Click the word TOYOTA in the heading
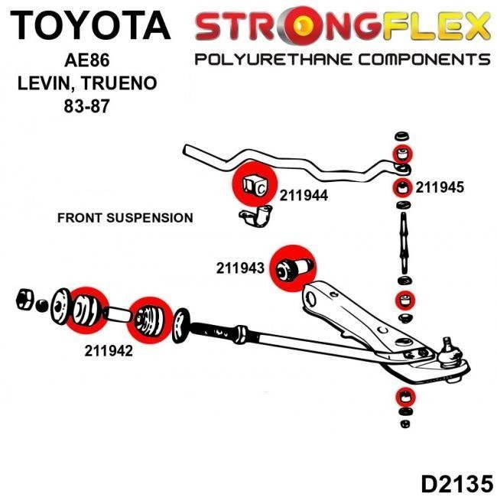(x=90, y=25)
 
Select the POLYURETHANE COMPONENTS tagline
(x=342, y=60)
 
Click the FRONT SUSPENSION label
(x=125, y=218)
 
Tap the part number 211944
(x=304, y=196)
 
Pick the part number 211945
(x=440, y=187)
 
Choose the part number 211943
(x=240, y=268)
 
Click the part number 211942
(x=109, y=352)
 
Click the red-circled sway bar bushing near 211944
(x=255, y=184)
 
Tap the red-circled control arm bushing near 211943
(x=294, y=267)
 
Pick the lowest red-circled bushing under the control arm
(x=403, y=398)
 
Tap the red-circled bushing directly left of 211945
(x=402, y=187)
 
